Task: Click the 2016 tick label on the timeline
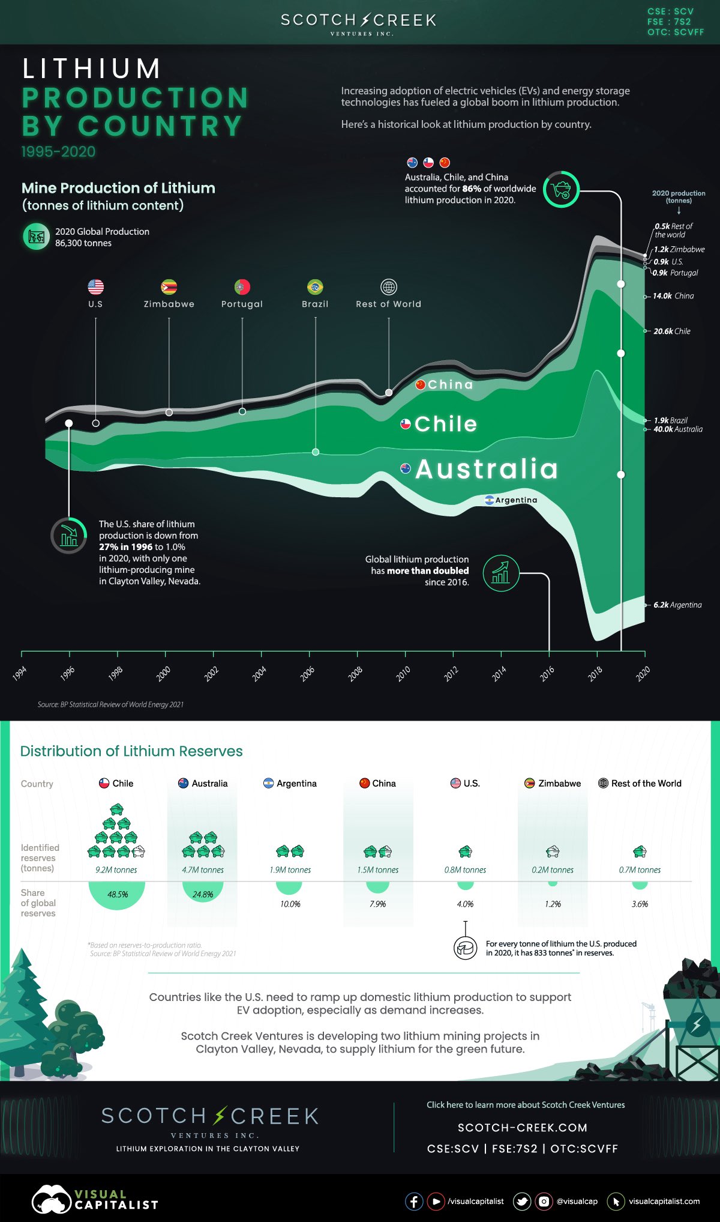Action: click(547, 674)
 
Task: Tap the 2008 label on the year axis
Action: click(355, 674)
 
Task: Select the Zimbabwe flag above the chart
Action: click(169, 287)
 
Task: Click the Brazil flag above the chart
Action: click(315, 287)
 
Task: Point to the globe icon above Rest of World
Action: click(389, 287)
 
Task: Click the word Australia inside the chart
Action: click(487, 469)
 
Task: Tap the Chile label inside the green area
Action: click(445, 424)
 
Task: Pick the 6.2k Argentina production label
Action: click(677, 605)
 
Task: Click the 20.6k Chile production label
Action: click(672, 331)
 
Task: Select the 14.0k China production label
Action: click(673, 296)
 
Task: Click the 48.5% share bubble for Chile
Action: click(117, 894)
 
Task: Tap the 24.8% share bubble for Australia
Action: click(203, 894)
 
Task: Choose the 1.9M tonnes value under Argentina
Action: click(290, 870)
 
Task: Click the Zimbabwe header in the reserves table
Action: click(559, 783)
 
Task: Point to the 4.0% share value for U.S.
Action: click(465, 904)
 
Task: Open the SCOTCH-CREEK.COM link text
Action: click(522, 1128)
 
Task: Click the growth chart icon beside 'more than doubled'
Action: click(501, 573)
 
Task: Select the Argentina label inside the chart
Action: click(516, 500)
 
